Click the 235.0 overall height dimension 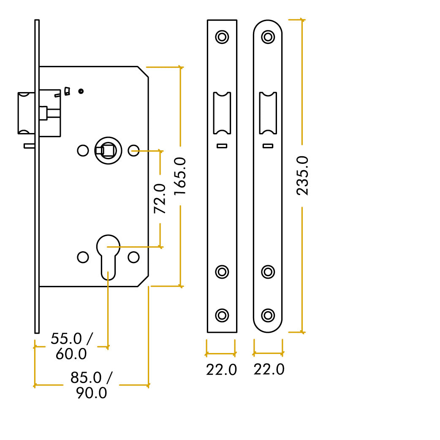click(302, 175)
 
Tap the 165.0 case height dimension click(180, 176)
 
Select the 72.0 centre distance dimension click(160, 198)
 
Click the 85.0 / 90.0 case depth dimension click(91, 385)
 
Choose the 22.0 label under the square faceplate click(221, 369)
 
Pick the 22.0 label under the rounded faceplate click(269, 369)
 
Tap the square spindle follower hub click(108, 150)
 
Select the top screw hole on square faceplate click(222, 37)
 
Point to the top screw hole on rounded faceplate click(267, 37)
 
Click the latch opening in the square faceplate click(222, 113)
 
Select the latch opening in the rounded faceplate click(267, 113)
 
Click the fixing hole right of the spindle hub click(134, 150)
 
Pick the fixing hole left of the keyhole click(83, 257)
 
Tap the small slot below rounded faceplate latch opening click(267, 146)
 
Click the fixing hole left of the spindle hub click(83, 150)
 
